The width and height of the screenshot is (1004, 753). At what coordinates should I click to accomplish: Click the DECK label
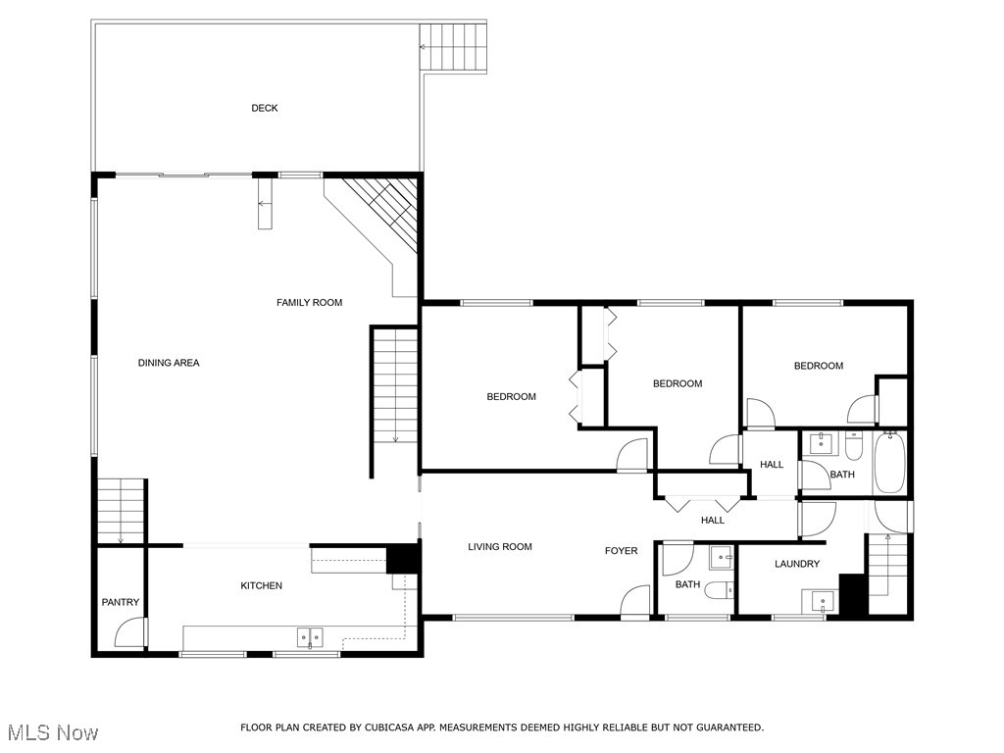(264, 108)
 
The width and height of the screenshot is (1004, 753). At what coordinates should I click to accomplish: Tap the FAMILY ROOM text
(309, 303)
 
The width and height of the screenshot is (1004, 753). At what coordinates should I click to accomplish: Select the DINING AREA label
(169, 363)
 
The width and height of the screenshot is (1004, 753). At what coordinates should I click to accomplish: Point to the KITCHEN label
(262, 585)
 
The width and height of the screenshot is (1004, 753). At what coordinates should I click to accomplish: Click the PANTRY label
(121, 602)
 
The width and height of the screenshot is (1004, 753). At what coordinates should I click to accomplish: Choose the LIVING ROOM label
(500, 547)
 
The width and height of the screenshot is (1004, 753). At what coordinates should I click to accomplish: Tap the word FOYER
(621, 551)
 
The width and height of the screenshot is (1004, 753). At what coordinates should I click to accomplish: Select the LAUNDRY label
(797, 564)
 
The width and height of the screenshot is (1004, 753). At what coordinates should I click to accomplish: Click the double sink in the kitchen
(311, 638)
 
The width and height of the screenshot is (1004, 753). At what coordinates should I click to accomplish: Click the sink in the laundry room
(818, 599)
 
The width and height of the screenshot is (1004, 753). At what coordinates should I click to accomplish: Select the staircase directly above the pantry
(120, 510)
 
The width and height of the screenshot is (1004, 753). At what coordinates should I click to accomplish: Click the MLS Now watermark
(51, 732)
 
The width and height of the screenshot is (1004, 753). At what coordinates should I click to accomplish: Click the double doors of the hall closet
(698, 503)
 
